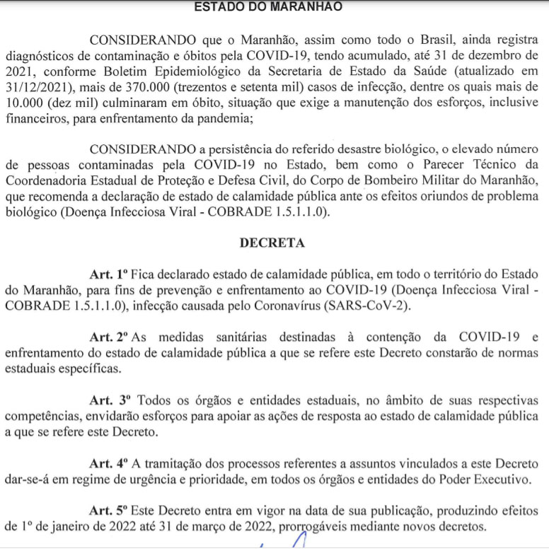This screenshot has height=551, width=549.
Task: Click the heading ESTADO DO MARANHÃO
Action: point(267,7)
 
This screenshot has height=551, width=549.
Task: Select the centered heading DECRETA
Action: point(272,243)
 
